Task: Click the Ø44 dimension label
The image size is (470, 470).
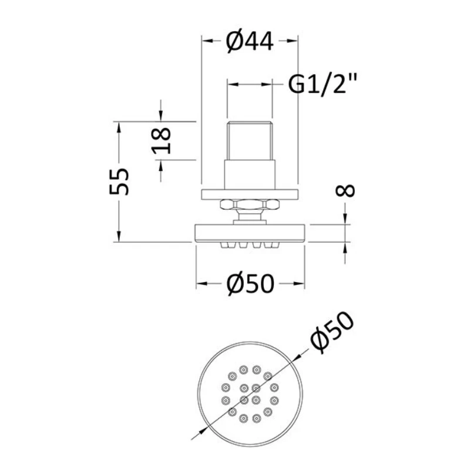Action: click(x=250, y=41)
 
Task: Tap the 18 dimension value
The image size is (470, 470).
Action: click(x=161, y=140)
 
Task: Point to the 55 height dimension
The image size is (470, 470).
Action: click(x=119, y=182)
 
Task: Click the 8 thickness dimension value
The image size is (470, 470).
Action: click(x=345, y=190)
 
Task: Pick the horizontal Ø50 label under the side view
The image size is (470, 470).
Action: click(x=250, y=283)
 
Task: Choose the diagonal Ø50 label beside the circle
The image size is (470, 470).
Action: click(x=332, y=332)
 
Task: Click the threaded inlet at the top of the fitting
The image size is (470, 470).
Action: click(x=250, y=140)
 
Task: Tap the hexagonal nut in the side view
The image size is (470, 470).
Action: click(x=250, y=204)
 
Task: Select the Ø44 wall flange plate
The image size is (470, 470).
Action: click(x=250, y=194)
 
